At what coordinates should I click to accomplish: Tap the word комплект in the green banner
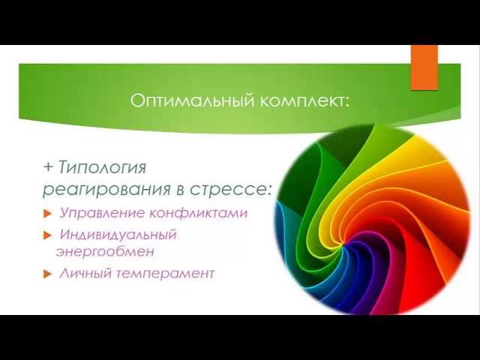301,101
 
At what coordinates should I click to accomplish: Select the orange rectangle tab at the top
424,67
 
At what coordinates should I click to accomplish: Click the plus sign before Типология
48,167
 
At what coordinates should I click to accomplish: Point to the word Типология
102,168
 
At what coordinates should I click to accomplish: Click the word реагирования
106,190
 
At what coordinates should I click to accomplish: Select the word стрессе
227,190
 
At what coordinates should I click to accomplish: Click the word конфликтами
198,213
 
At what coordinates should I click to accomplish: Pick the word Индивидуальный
118,235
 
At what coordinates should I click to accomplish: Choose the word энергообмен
105,252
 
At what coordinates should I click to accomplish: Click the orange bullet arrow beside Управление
46,214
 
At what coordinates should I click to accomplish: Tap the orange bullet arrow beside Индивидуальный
46,235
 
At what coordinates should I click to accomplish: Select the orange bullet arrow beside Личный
46,274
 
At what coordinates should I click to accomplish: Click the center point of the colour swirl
344,245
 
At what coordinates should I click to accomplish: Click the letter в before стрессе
181,190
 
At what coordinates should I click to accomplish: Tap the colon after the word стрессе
268,191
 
